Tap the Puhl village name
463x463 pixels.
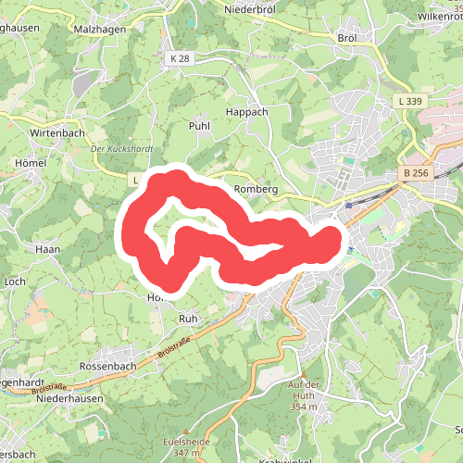200,125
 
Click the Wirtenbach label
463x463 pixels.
57,133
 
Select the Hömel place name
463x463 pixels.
31,162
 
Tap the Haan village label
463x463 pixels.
46,249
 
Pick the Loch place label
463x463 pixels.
15,280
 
